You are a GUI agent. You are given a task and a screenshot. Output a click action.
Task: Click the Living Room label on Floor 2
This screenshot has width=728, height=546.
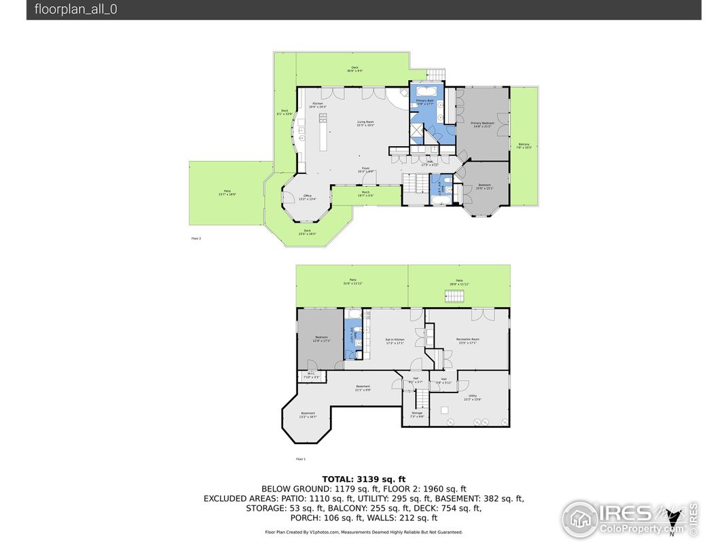366,124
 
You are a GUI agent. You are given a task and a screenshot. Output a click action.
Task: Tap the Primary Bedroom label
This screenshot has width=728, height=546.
483,124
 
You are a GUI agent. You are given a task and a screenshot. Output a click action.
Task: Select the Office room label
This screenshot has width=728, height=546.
308,197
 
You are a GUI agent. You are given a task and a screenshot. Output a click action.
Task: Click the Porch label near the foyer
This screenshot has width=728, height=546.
365,194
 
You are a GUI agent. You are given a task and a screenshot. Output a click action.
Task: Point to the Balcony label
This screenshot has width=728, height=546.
524,145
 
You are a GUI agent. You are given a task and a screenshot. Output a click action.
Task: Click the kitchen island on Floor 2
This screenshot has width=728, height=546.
323,132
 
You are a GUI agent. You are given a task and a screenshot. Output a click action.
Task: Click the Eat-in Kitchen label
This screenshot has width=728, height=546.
395,340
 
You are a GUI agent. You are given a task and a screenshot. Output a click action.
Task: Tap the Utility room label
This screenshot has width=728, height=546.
472,397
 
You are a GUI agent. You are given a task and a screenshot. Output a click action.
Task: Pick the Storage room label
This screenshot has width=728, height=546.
416,414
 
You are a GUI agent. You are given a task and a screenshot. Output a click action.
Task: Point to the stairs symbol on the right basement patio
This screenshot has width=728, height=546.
454,295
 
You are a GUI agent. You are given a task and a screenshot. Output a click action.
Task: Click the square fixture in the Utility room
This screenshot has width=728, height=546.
445,409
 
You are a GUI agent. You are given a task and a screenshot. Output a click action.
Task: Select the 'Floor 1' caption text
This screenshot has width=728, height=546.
301,459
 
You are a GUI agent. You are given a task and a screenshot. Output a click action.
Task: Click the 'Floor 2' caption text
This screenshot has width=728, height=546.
196,238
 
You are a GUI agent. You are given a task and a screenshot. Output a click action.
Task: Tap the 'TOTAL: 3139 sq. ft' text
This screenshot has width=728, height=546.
363,479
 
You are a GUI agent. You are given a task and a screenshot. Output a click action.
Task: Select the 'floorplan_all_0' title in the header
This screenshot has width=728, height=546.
76,10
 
